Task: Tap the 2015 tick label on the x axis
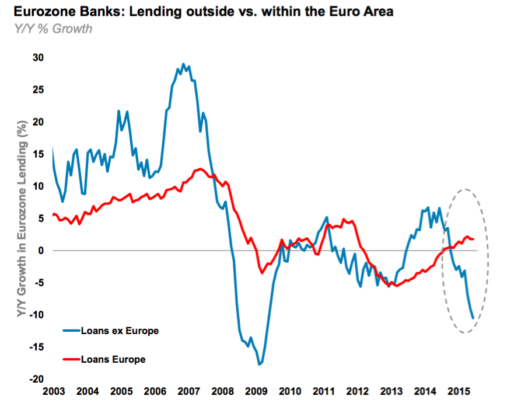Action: [x=460, y=390]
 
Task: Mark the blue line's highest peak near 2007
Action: [x=183, y=64]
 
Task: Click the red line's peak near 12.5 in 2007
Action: [x=200, y=169]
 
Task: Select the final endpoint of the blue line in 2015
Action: [x=473, y=318]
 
